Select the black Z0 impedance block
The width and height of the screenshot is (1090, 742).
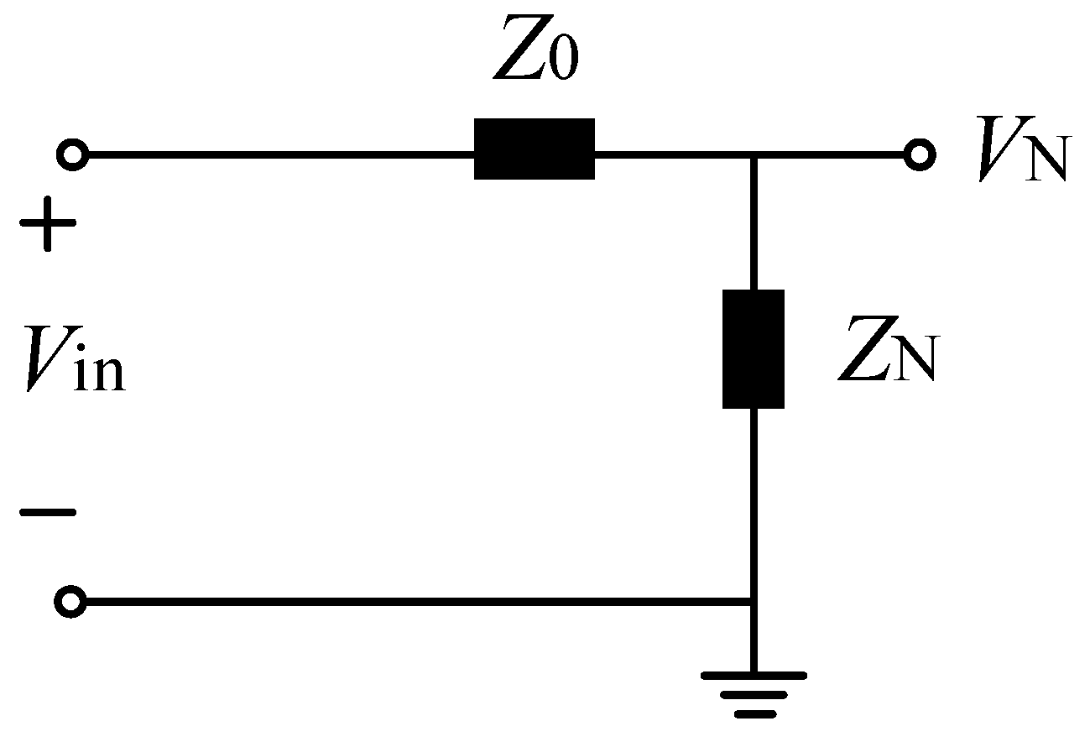pyautogui.click(x=535, y=149)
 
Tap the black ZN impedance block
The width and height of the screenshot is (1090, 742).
pyautogui.click(x=754, y=348)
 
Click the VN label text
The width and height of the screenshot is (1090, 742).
pyautogui.click(x=1020, y=158)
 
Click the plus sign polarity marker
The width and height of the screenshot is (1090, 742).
pyautogui.click(x=49, y=224)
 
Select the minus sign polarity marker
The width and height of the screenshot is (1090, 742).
pyautogui.click(x=49, y=511)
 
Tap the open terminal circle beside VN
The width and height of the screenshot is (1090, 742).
pyautogui.click(x=919, y=155)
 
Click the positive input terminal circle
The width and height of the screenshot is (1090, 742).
pyautogui.click(x=72, y=155)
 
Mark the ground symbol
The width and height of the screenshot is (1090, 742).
pyautogui.click(x=754, y=693)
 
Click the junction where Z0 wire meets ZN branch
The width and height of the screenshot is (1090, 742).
pyautogui.click(x=754, y=155)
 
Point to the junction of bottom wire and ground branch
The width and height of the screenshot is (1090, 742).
pyautogui.click(x=754, y=602)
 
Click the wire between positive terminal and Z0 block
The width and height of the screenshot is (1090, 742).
pyautogui.click(x=277, y=155)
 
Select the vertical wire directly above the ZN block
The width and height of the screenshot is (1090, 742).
pyautogui.click(x=754, y=222)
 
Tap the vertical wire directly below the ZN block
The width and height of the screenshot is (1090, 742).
pyautogui.click(x=754, y=504)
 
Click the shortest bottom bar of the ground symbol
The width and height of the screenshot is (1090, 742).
pyautogui.click(x=754, y=714)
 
